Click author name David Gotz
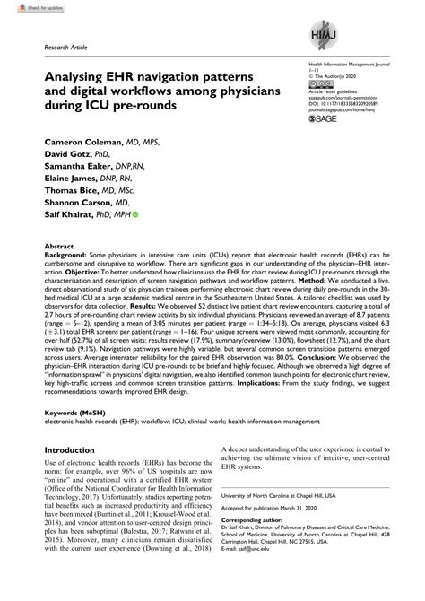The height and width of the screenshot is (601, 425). tap(59, 155)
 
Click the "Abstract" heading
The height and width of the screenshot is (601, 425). tap(58, 244)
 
